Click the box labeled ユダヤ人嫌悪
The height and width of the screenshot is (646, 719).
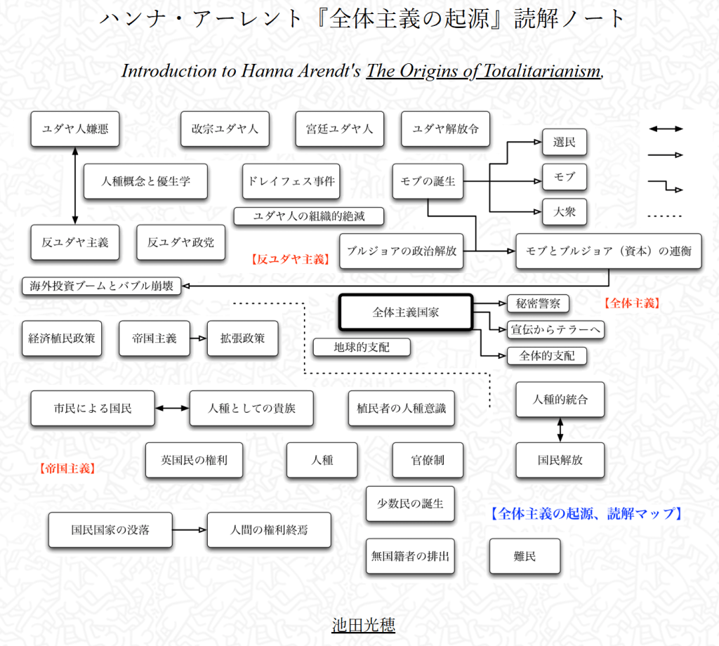point(75,129)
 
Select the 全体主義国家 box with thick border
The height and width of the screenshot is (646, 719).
point(406,312)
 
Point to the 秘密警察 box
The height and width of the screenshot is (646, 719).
point(538,303)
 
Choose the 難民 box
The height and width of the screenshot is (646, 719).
point(525,557)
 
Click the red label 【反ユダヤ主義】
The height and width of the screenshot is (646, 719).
point(290,259)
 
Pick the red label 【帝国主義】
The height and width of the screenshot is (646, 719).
point(67,468)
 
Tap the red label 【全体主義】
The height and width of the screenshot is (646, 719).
point(631,303)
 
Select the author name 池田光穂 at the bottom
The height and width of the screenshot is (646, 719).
point(363,625)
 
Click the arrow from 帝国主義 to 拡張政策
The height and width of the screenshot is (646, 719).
point(199,338)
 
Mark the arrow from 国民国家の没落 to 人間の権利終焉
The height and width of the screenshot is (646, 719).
point(189,529)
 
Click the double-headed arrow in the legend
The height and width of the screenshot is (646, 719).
point(665,129)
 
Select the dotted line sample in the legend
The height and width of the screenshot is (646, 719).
point(665,216)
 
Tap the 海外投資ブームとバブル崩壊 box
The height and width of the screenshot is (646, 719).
point(101,286)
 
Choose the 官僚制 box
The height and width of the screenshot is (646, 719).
point(428,461)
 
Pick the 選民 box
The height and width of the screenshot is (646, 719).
point(564,143)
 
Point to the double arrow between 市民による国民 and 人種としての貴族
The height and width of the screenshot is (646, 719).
point(172,408)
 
